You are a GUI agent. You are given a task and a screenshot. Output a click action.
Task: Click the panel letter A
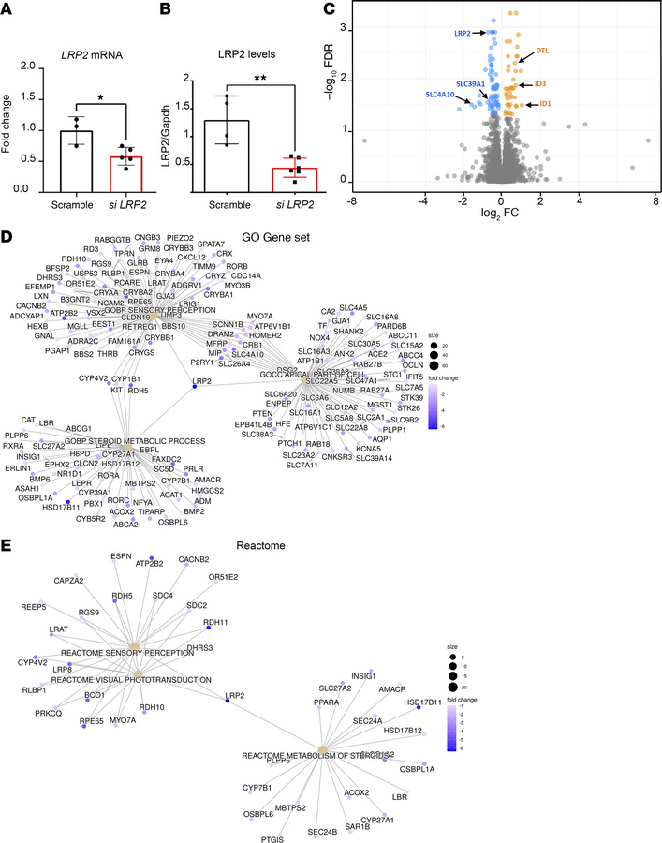pyautogui.click(x=10, y=10)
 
